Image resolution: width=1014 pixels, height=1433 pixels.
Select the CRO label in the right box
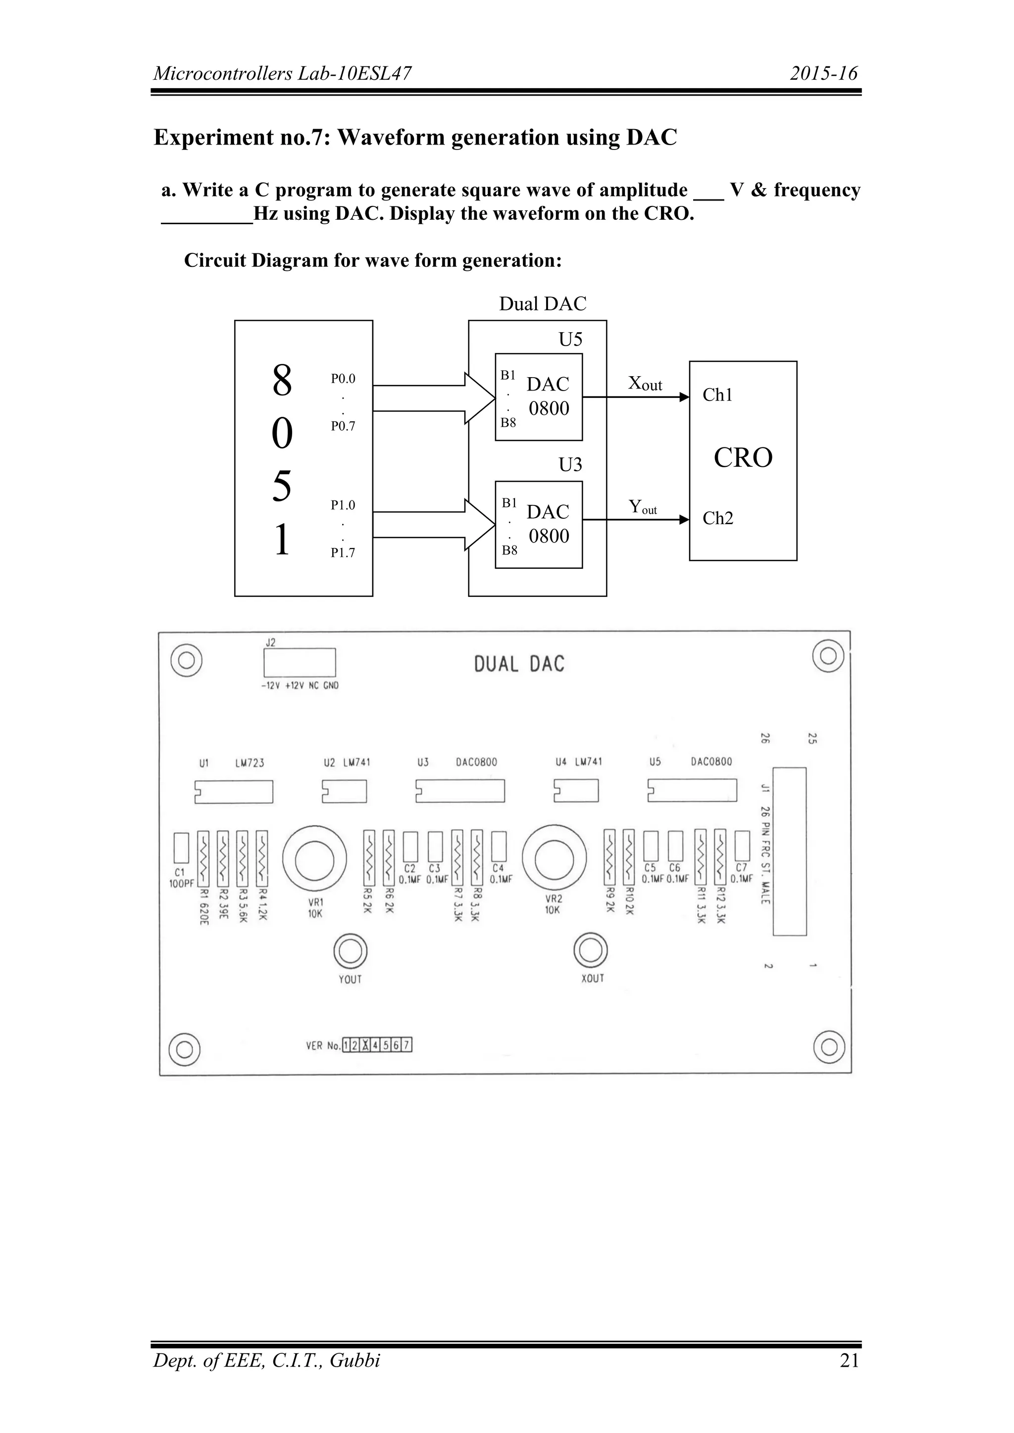click(x=743, y=458)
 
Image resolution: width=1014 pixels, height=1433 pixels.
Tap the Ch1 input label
click(x=717, y=395)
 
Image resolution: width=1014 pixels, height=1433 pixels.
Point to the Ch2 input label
click(x=718, y=519)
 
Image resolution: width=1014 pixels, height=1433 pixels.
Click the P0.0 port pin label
click(x=343, y=379)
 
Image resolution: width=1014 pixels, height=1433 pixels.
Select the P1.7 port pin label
click(x=343, y=553)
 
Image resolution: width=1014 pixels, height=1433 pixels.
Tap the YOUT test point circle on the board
click(x=350, y=951)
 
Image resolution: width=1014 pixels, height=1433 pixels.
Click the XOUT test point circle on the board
click(x=591, y=950)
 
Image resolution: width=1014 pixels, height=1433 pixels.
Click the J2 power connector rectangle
click(x=300, y=663)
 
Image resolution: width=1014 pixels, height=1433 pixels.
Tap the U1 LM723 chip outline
click(x=234, y=792)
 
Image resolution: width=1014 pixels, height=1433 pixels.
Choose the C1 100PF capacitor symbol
click(x=181, y=847)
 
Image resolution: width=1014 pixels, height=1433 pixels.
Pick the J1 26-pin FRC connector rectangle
click(x=789, y=852)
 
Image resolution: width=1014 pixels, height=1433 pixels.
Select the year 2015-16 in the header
click(x=823, y=74)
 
